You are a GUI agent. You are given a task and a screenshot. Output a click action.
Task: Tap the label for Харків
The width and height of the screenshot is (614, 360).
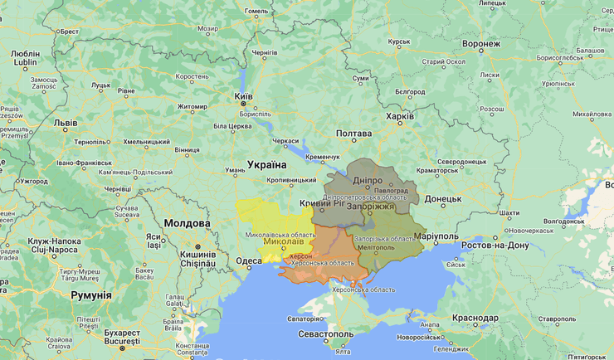[x=400, y=117]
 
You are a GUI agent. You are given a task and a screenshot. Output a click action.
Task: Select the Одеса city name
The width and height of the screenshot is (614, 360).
[x=248, y=260]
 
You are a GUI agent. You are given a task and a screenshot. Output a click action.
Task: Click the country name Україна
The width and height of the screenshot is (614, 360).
[x=266, y=164]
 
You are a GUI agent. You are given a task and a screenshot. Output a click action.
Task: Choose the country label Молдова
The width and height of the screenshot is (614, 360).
[x=187, y=223]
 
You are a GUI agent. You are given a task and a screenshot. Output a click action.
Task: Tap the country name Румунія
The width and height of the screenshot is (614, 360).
[x=90, y=295]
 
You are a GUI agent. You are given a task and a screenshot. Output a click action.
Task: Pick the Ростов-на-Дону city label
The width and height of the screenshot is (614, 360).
[x=495, y=246]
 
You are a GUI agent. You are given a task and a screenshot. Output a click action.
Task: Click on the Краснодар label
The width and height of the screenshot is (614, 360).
[x=475, y=318]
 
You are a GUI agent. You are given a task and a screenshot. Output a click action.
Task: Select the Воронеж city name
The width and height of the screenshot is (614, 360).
[x=481, y=43]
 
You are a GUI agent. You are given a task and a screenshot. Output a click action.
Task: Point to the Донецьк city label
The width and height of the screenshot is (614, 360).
[x=442, y=199]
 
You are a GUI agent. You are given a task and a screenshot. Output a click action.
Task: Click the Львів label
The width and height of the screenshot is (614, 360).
[x=66, y=123]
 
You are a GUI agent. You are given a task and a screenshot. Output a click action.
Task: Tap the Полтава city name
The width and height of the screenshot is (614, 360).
[x=353, y=134]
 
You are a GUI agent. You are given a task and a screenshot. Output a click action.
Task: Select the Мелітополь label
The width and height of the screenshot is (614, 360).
[x=376, y=247]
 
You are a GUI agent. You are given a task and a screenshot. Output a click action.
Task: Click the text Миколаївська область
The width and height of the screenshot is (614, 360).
[x=280, y=236]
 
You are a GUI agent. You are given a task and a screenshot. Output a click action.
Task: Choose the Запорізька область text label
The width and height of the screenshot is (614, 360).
[x=383, y=239]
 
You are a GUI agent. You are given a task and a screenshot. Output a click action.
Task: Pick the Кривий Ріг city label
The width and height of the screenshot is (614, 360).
[x=322, y=203]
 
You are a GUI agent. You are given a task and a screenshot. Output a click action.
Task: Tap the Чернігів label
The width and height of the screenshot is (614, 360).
[x=265, y=51]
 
